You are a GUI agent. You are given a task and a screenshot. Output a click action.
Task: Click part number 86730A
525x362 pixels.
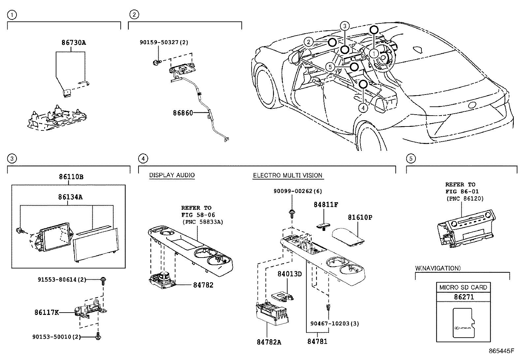pyautogui.click(x=74, y=43)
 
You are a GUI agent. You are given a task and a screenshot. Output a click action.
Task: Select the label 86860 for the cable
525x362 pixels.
pyautogui.click(x=183, y=113)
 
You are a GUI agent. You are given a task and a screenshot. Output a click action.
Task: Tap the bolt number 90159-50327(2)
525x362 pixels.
pyautogui.click(x=164, y=43)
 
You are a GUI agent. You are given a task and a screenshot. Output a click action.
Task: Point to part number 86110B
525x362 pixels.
pyautogui.click(x=71, y=177)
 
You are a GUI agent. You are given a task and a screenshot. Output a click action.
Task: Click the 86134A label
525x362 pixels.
pyautogui.click(x=70, y=197)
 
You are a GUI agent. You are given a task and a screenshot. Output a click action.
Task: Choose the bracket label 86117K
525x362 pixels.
pyautogui.click(x=46, y=312)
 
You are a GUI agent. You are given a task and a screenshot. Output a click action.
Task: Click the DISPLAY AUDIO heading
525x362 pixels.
pyautogui.click(x=172, y=175)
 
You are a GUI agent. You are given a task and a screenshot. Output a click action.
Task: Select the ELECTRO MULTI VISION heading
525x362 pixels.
pyautogui.click(x=288, y=176)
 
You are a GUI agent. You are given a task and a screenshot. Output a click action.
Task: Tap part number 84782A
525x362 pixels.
pyautogui.click(x=269, y=342)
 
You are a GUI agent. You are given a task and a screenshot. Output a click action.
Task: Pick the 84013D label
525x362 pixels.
pyautogui.click(x=290, y=274)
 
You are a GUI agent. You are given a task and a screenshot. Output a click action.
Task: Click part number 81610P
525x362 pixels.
pyautogui.click(x=360, y=218)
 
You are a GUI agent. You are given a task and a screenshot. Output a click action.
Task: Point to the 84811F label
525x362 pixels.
pyautogui.click(x=326, y=205)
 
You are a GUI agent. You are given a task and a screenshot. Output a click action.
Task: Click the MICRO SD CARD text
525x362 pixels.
pyautogui.click(x=463, y=287)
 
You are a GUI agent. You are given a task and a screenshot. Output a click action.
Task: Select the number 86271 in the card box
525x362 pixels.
pyautogui.click(x=464, y=297)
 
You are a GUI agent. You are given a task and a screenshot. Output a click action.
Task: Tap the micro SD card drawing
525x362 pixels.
pyautogui.click(x=464, y=323)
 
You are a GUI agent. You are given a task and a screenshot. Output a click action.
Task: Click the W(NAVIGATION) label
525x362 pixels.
pyautogui.click(x=438, y=268)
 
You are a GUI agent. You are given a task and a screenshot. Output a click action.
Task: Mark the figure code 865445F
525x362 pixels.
pyautogui.click(x=501, y=351)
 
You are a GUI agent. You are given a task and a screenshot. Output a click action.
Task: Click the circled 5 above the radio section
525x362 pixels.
pyautogui.click(x=411, y=159)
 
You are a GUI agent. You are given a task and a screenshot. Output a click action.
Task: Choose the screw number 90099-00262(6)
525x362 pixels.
pyautogui.click(x=297, y=191)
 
